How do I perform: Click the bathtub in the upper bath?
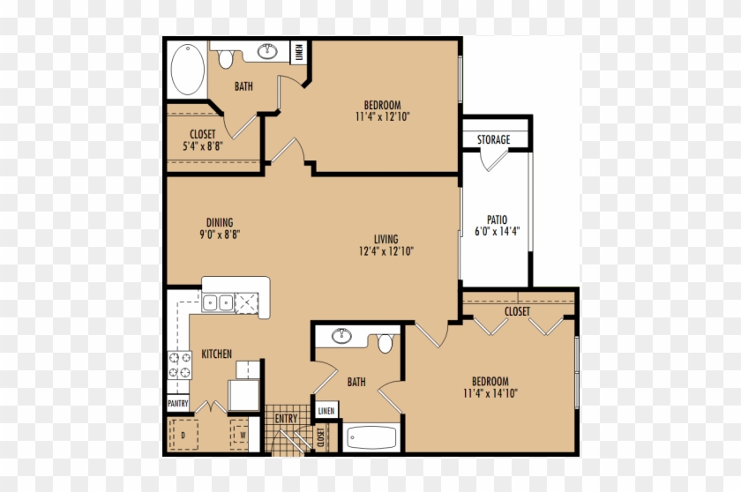(188, 71)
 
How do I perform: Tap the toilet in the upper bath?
(227, 59)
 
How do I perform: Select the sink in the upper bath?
(266, 52)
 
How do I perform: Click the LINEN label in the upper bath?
(300, 52)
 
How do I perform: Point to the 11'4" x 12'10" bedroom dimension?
(384, 116)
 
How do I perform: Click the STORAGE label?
(494, 139)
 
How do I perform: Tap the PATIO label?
(497, 220)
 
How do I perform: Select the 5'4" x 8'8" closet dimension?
(202, 147)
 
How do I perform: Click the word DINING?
(220, 222)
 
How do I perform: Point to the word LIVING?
(385, 239)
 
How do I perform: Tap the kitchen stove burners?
(180, 365)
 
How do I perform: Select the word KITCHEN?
(217, 354)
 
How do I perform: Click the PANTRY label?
(178, 404)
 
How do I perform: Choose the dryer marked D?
(183, 435)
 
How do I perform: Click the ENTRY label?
(286, 419)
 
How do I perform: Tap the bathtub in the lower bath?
(371, 437)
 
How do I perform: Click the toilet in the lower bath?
(385, 342)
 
